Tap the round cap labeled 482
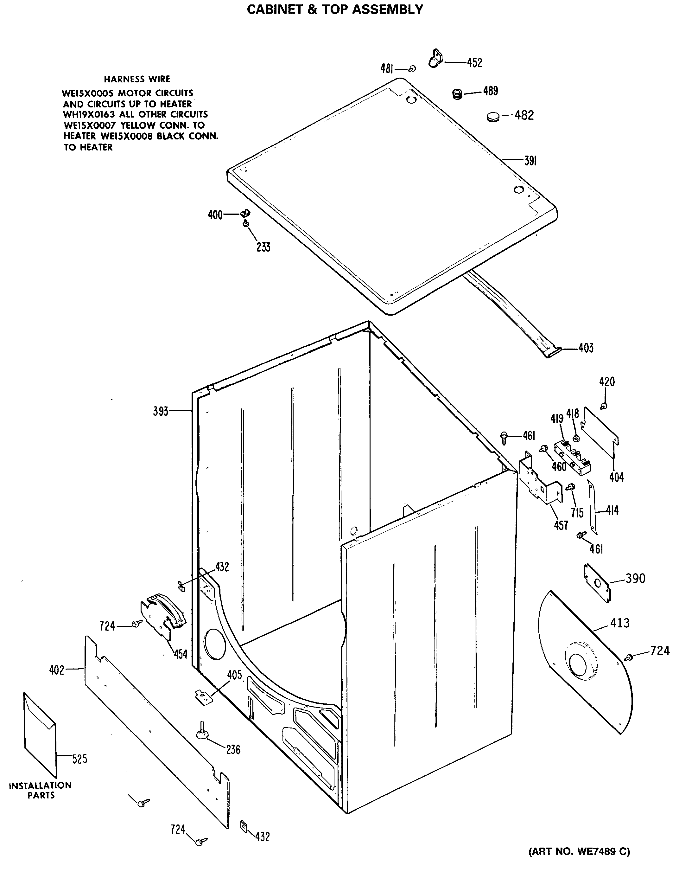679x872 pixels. coord(493,117)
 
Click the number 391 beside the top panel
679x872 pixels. coord(530,161)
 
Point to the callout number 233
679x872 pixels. coord(263,247)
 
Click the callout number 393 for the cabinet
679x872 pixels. coord(161,411)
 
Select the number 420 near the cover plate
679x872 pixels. coord(607,382)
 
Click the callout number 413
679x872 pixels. coord(619,623)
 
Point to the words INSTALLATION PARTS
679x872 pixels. coord(41,791)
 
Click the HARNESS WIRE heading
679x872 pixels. coord(137,79)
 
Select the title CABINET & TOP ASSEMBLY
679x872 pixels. coord(335,9)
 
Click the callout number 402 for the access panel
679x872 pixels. coord(57,670)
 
